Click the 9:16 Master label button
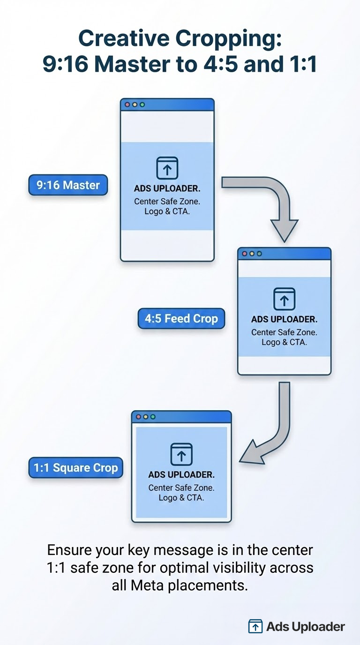tap(68, 185)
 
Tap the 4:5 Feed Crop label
tap(181, 319)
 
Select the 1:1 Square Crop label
tap(75, 468)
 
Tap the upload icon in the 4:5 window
tap(284, 299)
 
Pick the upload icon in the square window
tap(181, 454)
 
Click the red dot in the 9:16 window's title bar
tap(127, 105)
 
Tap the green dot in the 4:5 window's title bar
tap(259, 254)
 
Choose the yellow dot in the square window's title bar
tap(145, 416)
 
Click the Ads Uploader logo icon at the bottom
tap(255, 626)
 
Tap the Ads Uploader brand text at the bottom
tap(305, 626)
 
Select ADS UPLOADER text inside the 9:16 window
tap(167, 189)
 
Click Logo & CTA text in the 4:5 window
tap(284, 342)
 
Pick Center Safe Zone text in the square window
tap(181, 487)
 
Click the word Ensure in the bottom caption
tap(70, 549)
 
